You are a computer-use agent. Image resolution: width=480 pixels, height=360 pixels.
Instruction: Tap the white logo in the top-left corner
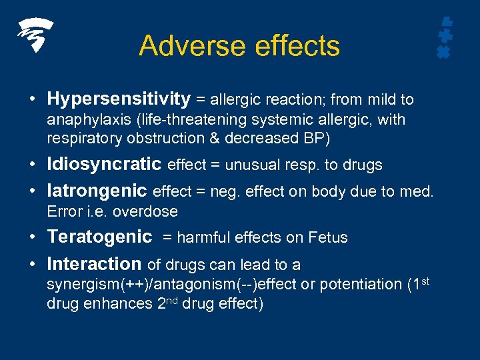(x=35, y=35)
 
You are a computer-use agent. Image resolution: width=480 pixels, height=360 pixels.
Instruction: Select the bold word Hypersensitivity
(x=119, y=99)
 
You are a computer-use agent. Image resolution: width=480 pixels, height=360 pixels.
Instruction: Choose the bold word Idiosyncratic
(x=104, y=164)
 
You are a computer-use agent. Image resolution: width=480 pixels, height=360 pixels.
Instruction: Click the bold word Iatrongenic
(x=97, y=191)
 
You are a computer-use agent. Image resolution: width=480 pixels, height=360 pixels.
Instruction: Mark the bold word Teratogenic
(x=100, y=237)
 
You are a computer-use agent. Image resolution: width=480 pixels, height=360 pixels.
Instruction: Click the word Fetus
(x=327, y=237)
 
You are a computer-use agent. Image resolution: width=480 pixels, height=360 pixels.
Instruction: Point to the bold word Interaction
(x=94, y=263)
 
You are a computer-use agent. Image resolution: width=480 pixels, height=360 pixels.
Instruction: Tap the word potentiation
(x=359, y=285)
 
